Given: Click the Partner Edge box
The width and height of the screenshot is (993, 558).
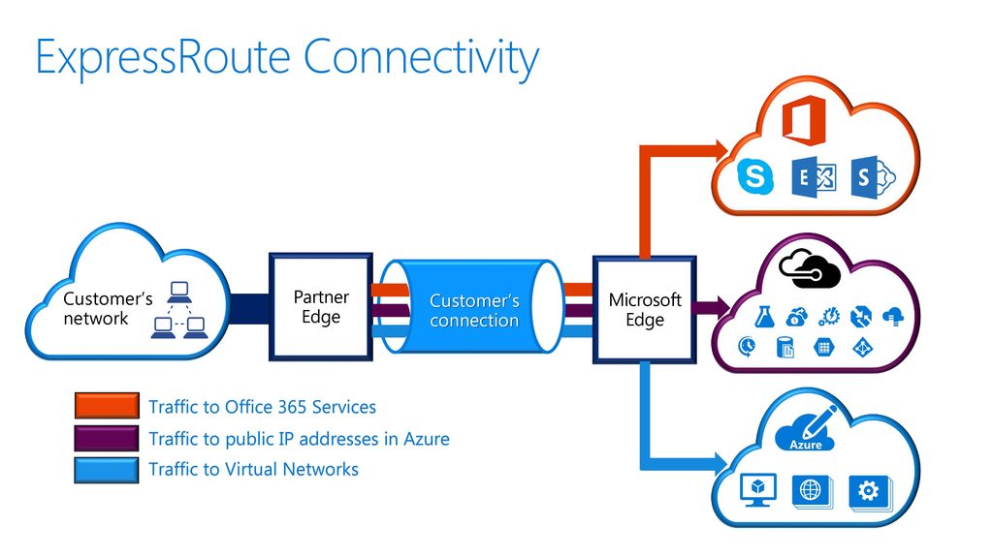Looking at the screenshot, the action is (320, 307).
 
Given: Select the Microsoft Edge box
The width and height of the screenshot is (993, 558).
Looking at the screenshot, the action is (645, 309).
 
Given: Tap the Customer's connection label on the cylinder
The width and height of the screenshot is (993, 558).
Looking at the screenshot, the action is (474, 310).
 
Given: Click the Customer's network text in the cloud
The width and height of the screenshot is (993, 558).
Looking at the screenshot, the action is (108, 308).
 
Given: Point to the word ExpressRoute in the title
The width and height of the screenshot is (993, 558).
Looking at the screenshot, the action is (163, 57).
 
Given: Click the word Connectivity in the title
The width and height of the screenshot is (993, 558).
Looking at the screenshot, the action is (421, 58).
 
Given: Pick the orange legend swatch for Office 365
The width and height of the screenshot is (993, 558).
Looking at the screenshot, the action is (107, 406).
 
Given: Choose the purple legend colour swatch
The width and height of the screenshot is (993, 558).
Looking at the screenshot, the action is (107, 438).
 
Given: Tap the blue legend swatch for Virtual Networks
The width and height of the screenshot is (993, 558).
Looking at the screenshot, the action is (107, 470).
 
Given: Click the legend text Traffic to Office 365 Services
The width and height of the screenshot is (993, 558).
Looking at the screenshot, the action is (262, 407).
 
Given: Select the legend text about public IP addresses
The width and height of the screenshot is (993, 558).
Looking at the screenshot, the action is (299, 439).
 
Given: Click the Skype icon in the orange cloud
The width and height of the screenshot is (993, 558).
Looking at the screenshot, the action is (754, 175).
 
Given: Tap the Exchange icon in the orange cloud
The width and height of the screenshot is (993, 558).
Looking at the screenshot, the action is (814, 177).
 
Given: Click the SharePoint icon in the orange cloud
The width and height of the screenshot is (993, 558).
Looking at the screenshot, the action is (873, 177).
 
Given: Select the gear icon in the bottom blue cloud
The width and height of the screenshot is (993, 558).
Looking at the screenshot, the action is (869, 491).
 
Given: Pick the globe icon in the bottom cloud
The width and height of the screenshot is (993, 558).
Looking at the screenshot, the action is (812, 490).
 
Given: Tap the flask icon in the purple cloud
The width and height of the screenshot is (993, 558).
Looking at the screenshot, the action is (764, 316).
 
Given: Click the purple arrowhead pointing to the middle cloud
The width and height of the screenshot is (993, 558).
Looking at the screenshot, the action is (721, 307).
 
